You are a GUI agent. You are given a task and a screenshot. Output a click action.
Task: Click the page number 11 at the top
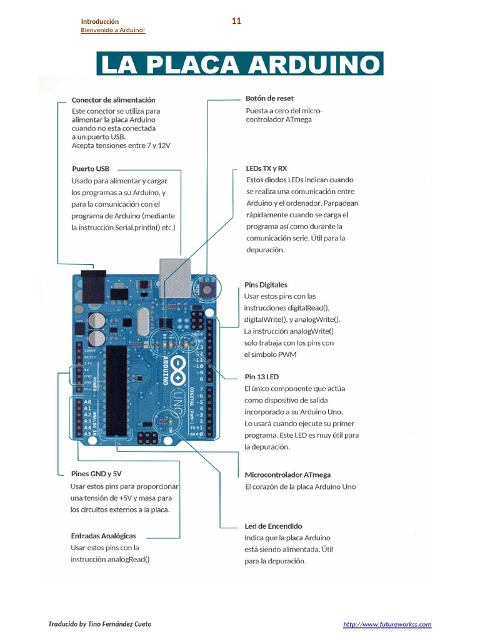pos(236,21)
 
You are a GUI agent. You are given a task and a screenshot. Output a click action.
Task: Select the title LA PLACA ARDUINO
pos(239,64)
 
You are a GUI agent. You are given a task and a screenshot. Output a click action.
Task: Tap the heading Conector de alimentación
pos(113,100)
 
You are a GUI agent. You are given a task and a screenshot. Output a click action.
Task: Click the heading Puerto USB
pos(91,169)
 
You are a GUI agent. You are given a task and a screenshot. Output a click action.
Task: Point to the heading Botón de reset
pos(269,98)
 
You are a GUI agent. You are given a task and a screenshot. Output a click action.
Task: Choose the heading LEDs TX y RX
pos(267,169)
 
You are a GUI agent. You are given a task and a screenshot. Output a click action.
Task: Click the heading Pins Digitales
pos(266,285)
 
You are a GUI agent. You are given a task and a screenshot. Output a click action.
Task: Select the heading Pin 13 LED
pos(261,377)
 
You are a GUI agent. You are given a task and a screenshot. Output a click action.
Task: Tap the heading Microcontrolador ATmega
pos(287,475)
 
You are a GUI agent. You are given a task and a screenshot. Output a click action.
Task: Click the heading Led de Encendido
pos(273,526)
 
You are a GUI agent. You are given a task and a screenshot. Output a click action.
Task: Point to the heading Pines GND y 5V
pos(96,474)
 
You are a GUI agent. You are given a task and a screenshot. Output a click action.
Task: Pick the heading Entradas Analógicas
pos(103,536)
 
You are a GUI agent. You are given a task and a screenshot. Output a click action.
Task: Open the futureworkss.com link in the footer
pos(387,625)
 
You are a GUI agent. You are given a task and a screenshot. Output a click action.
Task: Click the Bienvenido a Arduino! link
pos(113,31)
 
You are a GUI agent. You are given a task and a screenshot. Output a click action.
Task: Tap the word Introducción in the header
pos(100,22)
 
